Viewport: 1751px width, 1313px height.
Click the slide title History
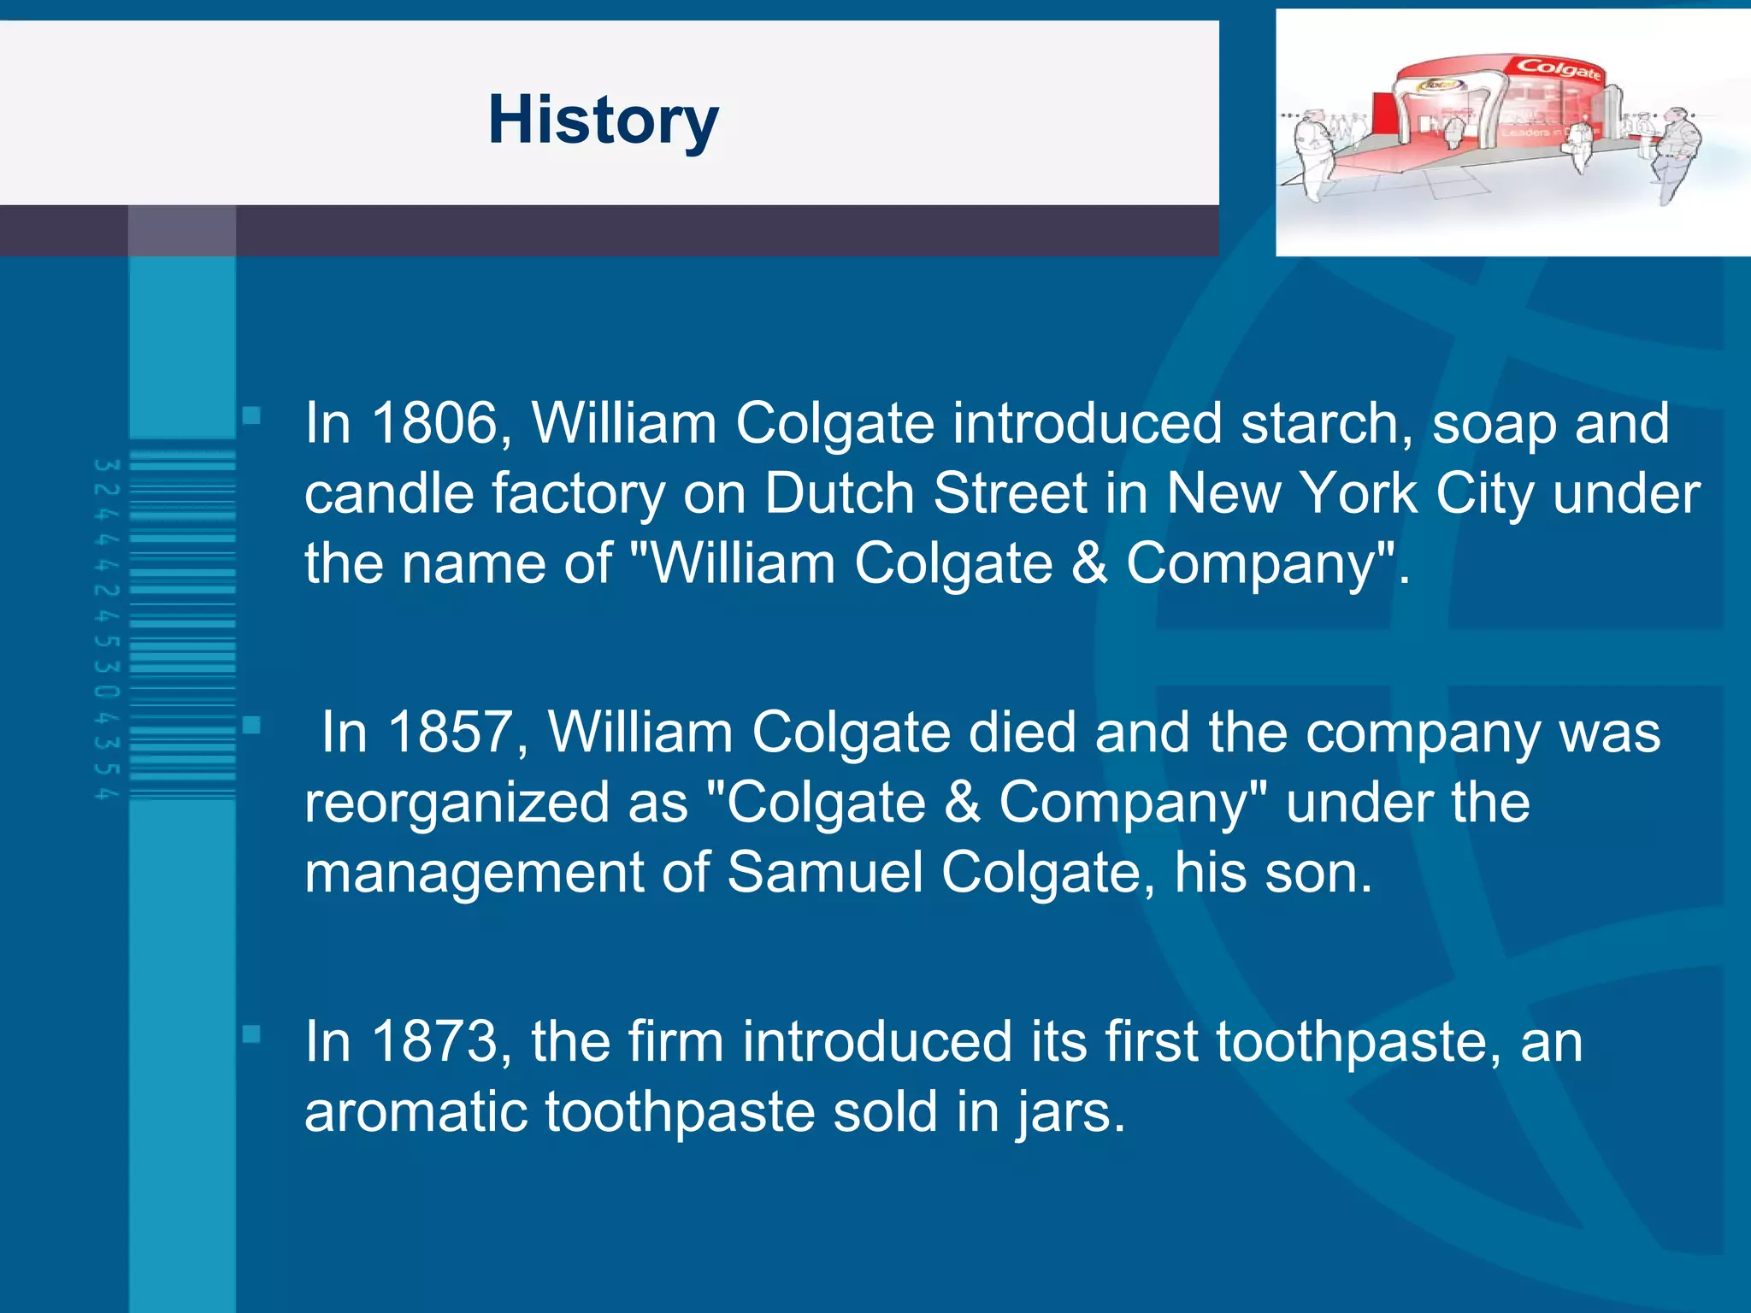[x=603, y=121]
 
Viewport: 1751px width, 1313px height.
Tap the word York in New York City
[x=1357, y=494]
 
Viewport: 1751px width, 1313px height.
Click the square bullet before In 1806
[x=251, y=416]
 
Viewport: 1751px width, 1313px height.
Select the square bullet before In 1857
[x=251, y=726]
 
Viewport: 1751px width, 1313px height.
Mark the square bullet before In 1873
[x=251, y=1034]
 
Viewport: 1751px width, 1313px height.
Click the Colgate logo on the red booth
[x=1558, y=68]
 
